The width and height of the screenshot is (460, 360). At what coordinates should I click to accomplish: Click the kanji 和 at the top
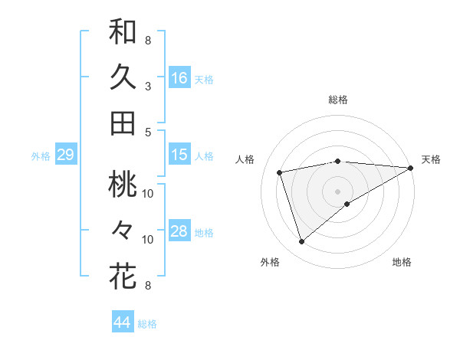(x=123, y=32)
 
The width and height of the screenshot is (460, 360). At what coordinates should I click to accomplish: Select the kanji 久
(x=123, y=77)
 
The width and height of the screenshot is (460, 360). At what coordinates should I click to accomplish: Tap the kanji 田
(x=123, y=123)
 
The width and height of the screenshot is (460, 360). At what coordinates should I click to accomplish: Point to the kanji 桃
(x=123, y=185)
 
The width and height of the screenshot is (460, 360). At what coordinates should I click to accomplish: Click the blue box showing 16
(x=179, y=77)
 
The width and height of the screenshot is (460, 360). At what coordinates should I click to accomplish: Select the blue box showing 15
(x=179, y=155)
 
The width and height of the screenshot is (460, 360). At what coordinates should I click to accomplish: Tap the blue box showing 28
(x=179, y=231)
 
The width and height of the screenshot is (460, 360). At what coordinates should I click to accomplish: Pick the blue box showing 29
(x=65, y=155)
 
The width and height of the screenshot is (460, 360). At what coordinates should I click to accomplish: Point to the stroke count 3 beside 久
(x=148, y=86)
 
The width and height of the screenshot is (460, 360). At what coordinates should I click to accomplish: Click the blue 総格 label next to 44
(x=148, y=324)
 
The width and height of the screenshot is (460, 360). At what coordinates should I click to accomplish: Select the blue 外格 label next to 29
(x=41, y=156)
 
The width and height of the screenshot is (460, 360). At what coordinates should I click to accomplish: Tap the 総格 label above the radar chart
(x=338, y=100)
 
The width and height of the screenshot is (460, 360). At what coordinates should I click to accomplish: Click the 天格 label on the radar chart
(x=431, y=159)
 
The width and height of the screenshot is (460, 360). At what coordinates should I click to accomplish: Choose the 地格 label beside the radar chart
(x=402, y=262)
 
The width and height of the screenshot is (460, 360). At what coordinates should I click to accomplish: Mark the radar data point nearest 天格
(x=411, y=168)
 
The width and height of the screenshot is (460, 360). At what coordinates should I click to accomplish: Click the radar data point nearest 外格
(x=302, y=241)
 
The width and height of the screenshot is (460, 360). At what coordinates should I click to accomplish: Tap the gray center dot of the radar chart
(x=338, y=191)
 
